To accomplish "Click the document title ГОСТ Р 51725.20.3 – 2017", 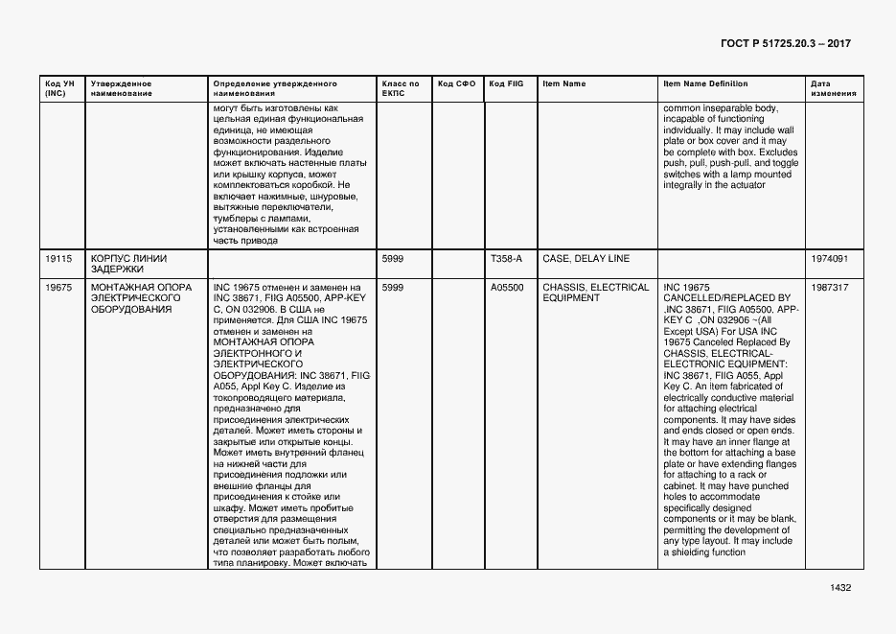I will tap(785, 45).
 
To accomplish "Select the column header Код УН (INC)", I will tap(56, 88).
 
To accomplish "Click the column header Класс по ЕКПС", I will tap(400, 88).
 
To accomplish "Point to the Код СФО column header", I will tap(456, 83).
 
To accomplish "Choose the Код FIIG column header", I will tap(506, 83).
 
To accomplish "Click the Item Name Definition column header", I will tap(705, 83).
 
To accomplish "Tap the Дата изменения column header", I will tap(827, 88).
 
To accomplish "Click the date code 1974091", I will tap(828, 258).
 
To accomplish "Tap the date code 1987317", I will tap(828, 287).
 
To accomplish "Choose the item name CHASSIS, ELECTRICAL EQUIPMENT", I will tap(595, 293).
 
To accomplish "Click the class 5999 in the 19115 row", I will tap(393, 258).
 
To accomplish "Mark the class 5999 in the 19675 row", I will tap(393, 287).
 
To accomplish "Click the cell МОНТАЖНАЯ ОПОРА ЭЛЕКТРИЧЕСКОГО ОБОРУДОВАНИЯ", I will tap(140, 298).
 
